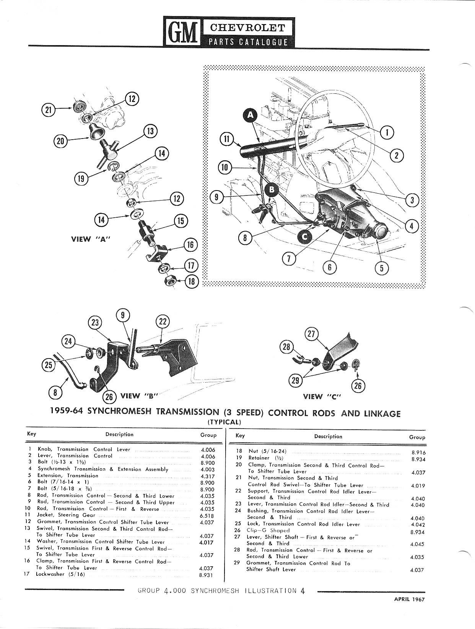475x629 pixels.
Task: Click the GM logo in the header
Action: pyautogui.click(x=183, y=32)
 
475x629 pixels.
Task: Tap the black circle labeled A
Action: pyautogui.click(x=250, y=115)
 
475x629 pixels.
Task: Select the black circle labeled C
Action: pyautogui.click(x=304, y=237)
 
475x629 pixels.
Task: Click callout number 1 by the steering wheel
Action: pyautogui.click(x=387, y=132)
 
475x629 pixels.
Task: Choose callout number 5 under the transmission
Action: pyautogui.click(x=381, y=268)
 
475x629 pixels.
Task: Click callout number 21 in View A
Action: pyautogui.click(x=48, y=110)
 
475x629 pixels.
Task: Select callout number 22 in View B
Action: pyautogui.click(x=163, y=322)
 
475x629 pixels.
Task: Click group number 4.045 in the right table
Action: pyautogui.click(x=417, y=544)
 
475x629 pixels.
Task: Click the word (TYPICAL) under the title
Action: pyautogui.click(x=224, y=422)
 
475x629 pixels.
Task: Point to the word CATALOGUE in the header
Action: pyautogui.click(x=263, y=42)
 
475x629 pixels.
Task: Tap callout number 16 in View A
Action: pyautogui.click(x=190, y=244)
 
